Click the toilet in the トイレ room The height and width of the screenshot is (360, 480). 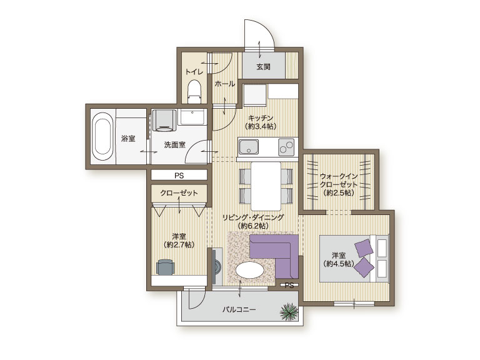click(194, 91)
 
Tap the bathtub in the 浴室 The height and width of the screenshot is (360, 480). click(102, 138)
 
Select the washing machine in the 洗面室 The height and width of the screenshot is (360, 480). click(165, 120)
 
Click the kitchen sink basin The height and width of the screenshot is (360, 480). click(249, 147)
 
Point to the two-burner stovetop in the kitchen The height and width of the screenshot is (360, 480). click(286, 147)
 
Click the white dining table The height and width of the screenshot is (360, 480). click(266, 186)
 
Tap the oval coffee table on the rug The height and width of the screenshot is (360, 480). click(250, 271)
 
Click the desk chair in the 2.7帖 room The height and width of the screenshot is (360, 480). click(166, 267)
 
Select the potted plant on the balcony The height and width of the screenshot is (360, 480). click(289, 312)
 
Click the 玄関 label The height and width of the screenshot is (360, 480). click(263, 66)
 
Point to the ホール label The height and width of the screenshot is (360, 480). click(225, 84)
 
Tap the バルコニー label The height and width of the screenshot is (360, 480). click(239, 310)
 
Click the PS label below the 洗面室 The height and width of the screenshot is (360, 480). click(179, 176)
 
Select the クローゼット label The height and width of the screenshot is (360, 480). click(179, 193)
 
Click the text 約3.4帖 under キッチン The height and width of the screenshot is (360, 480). click(261, 126)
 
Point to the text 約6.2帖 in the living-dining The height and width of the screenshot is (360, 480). click(253, 226)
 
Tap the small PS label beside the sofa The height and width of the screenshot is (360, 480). click(289, 285)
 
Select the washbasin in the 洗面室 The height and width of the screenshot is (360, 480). click(192, 117)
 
